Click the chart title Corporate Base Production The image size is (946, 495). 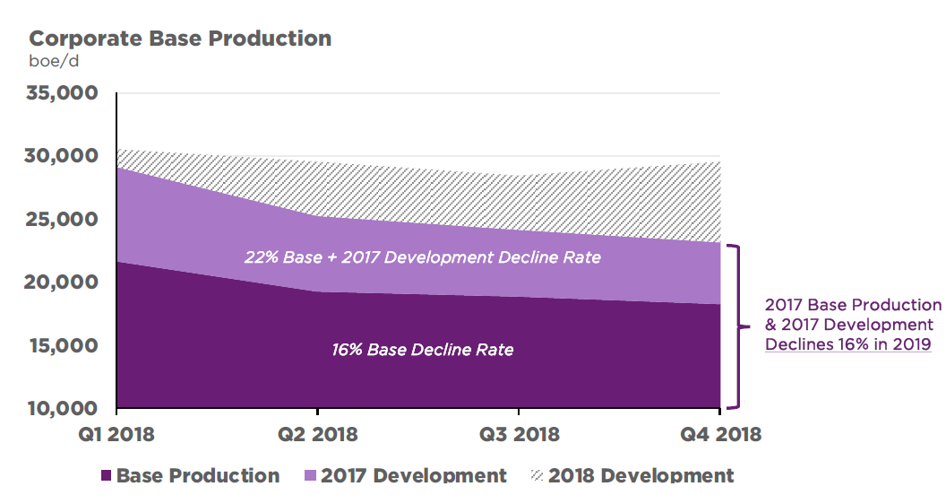pyautogui.click(x=180, y=39)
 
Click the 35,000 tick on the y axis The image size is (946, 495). pyautogui.click(x=64, y=93)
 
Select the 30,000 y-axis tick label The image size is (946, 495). pyautogui.click(x=64, y=156)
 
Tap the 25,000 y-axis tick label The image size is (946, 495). pyautogui.click(x=64, y=220)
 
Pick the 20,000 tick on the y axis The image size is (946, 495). pyautogui.click(x=64, y=282)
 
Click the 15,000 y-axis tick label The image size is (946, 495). pyautogui.click(x=64, y=345)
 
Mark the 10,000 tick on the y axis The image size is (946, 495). pyautogui.click(x=64, y=409)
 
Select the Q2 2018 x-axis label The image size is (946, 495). pyautogui.click(x=316, y=435)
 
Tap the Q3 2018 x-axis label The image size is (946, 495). pyautogui.click(x=518, y=435)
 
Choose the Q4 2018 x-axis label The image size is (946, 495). pyautogui.click(x=720, y=435)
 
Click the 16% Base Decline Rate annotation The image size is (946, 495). pyautogui.click(x=423, y=350)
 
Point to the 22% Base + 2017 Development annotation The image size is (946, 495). pyautogui.click(x=423, y=257)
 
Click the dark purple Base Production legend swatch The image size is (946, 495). pyautogui.click(x=106, y=476)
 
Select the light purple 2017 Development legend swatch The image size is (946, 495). pyautogui.click(x=309, y=476)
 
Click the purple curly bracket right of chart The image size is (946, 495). pyautogui.click(x=736, y=326)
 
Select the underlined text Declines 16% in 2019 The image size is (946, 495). pyautogui.click(x=847, y=344)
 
